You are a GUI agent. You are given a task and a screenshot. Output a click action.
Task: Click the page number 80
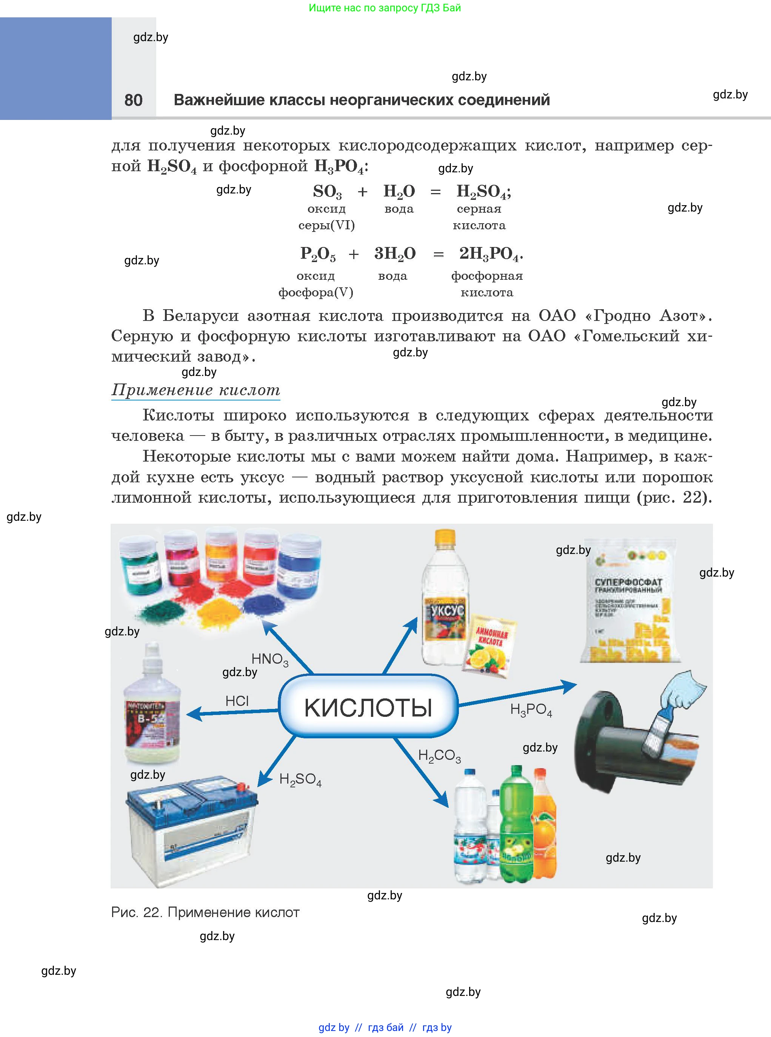tap(134, 100)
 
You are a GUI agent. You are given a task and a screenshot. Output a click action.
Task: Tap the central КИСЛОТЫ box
tap(368, 707)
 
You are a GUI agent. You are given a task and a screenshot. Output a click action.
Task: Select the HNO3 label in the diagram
tap(270, 659)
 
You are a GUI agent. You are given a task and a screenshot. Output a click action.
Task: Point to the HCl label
tap(237, 701)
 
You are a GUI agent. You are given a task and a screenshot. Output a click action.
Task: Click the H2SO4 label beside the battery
tap(300, 779)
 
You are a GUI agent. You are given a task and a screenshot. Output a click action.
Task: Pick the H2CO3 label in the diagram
tap(439, 755)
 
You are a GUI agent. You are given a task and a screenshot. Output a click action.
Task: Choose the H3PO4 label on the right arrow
tap(531, 710)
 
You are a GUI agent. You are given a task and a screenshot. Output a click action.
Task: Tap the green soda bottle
tap(516, 825)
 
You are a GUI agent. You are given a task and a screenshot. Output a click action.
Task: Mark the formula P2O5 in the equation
tap(318, 254)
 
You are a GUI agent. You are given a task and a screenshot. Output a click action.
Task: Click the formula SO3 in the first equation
tap(327, 192)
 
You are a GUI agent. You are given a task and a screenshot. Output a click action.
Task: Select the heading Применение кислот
tap(195, 390)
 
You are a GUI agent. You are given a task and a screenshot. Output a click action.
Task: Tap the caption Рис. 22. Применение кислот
tap(205, 912)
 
